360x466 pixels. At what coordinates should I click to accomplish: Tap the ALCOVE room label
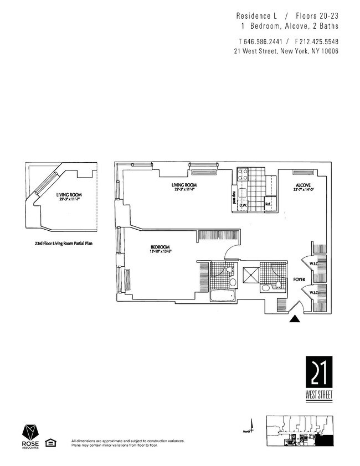(x=303, y=186)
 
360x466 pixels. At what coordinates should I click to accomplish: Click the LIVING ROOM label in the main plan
(x=184, y=185)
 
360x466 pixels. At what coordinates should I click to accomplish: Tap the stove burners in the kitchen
(x=243, y=175)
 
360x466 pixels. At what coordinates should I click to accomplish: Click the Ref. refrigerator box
(x=269, y=203)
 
